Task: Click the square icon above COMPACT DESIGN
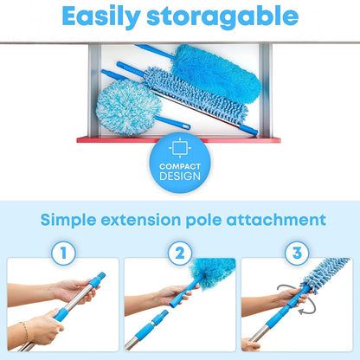tap(180, 146)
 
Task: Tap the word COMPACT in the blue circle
tap(180, 165)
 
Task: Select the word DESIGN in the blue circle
tap(180, 176)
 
